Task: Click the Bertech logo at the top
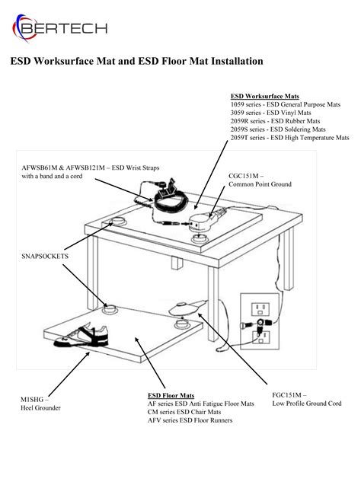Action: (x=60, y=28)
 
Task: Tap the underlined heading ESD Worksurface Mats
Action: (x=264, y=96)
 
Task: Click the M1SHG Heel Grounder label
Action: (x=37, y=404)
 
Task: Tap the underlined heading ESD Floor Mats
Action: (x=171, y=396)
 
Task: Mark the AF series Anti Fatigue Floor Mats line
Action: (x=200, y=404)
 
